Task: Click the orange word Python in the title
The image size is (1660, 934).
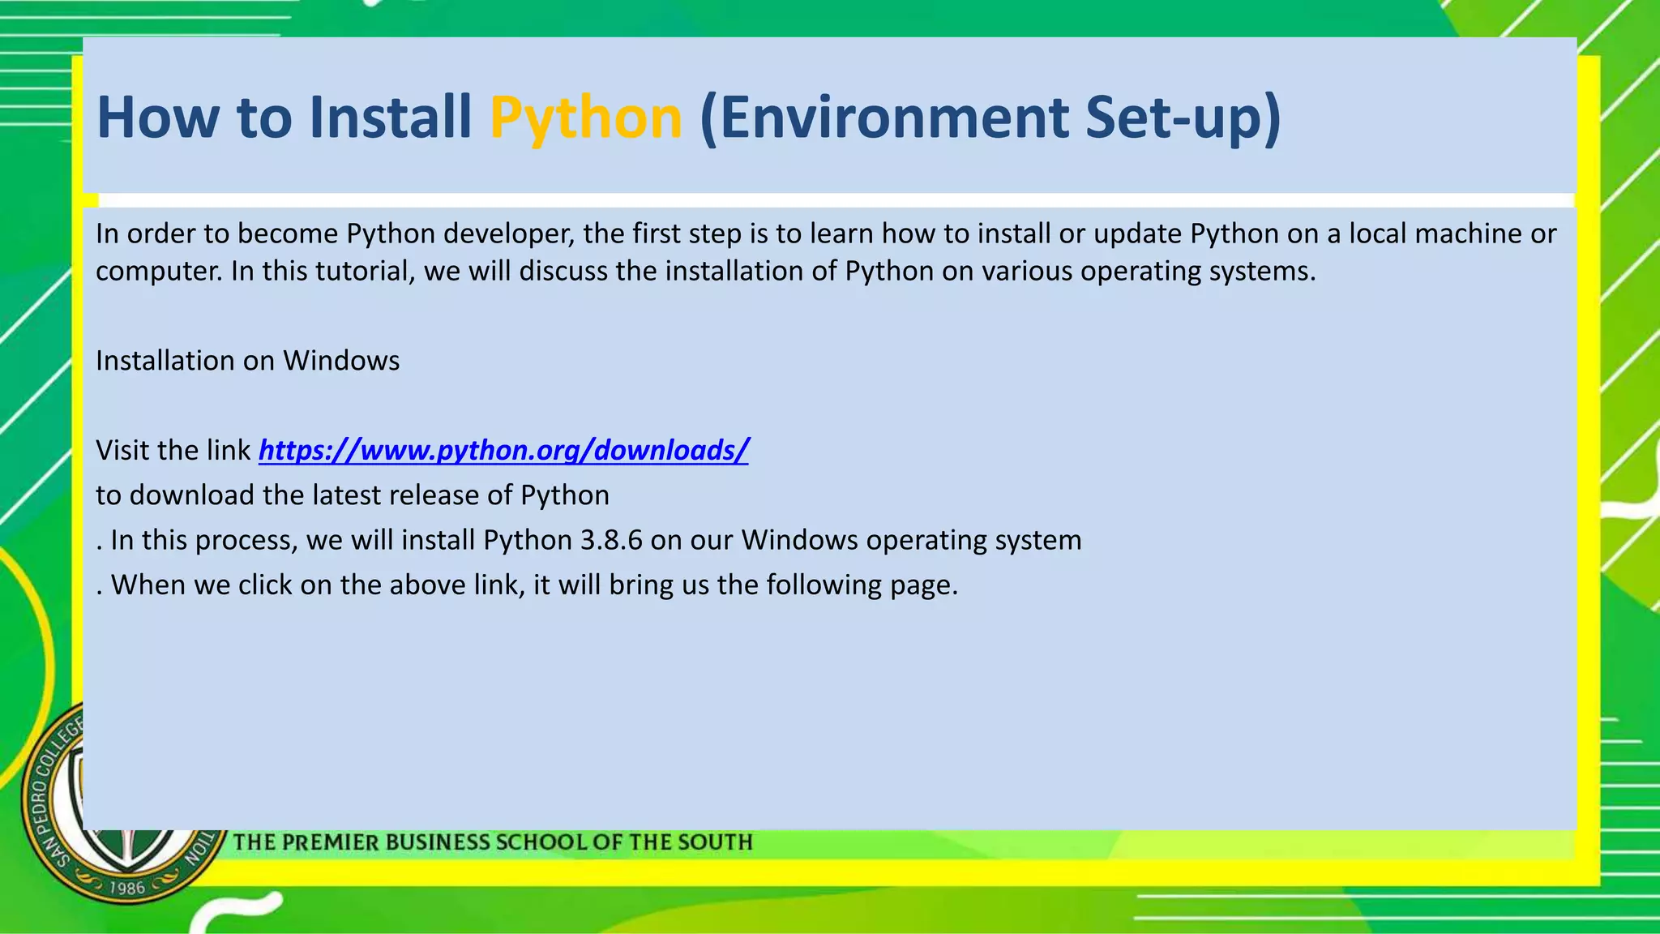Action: (x=585, y=118)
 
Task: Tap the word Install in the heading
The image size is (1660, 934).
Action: (x=390, y=117)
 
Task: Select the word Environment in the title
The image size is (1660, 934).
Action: (x=883, y=117)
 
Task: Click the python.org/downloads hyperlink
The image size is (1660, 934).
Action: (x=503, y=450)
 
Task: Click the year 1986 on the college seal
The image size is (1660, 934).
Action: (x=127, y=888)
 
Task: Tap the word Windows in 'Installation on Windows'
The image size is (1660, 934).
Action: (x=341, y=361)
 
